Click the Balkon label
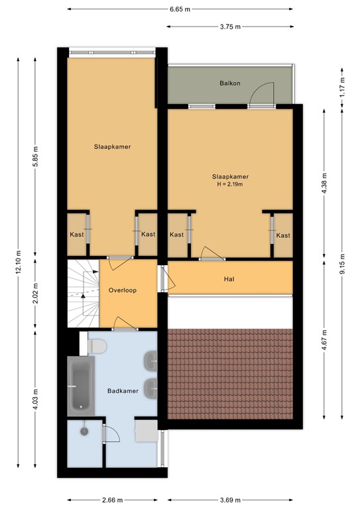[x=230, y=83]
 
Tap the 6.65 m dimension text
[x=180, y=9]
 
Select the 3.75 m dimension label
[x=230, y=27]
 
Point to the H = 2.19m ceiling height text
[x=230, y=184]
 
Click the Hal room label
[x=229, y=279]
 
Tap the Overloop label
[x=123, y=290]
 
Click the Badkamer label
[x=123, y=391]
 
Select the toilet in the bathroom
[x=97, y=346]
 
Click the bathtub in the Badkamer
[x=81, y=386]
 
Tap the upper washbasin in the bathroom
[x=150, y=361]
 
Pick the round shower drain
[x=84, y=431]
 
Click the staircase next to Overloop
[x=83, y=294]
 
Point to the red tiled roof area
[x=231, y=374]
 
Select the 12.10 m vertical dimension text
[x=18, y=262]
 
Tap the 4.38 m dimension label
[x=324, y=184]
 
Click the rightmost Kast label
[x=283, y=235]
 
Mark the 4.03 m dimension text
[x=36, y=400]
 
